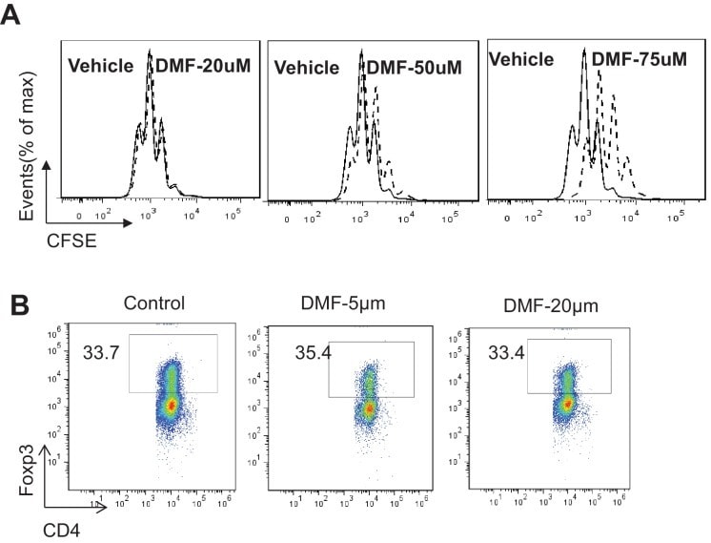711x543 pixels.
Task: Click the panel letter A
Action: point(13,16)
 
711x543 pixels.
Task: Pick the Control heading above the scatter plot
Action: point(152,303)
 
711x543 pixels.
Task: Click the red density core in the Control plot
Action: point(171,405)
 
